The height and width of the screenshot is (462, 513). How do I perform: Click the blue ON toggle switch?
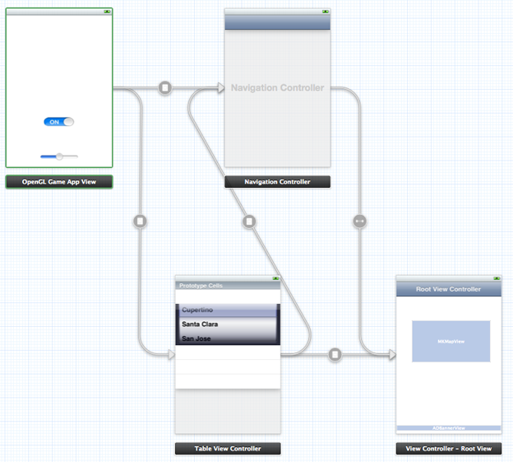(x=59, y=122)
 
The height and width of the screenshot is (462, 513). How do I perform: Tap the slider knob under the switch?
(x=59, y=156)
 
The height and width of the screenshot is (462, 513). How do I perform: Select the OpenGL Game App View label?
(x=59, y=182)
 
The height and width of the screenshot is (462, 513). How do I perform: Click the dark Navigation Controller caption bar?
(x=277, y=182)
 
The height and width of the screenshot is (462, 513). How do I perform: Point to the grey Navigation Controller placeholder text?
(x=277, y=87)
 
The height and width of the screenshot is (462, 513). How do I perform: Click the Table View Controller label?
(x=228, y=449)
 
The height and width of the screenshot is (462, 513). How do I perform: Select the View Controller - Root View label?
(x=448, y=449)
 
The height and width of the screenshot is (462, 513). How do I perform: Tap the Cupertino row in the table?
(x=228, y=310)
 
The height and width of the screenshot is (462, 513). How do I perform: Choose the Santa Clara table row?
(x=228, y=324)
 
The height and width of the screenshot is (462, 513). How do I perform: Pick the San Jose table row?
(x=228, y=338)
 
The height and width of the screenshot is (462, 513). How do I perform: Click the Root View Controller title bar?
(x=448, y=289)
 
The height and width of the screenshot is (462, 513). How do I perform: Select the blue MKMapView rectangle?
(x=451, y=341)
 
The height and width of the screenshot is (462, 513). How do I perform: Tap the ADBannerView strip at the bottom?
(x=448, y=428)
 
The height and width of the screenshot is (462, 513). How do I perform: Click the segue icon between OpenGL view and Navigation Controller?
(x=165, y=87)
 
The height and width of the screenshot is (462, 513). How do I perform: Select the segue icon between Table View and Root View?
(x=335, y=355)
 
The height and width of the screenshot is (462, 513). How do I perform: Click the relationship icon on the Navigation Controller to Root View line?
(x=359, y=221)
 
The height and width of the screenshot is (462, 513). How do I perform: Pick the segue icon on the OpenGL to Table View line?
(x=140, y=221)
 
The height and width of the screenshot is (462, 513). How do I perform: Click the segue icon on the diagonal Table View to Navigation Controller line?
(x=250, y=221)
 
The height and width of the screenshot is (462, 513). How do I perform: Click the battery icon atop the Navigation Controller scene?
(x=326, y=12)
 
